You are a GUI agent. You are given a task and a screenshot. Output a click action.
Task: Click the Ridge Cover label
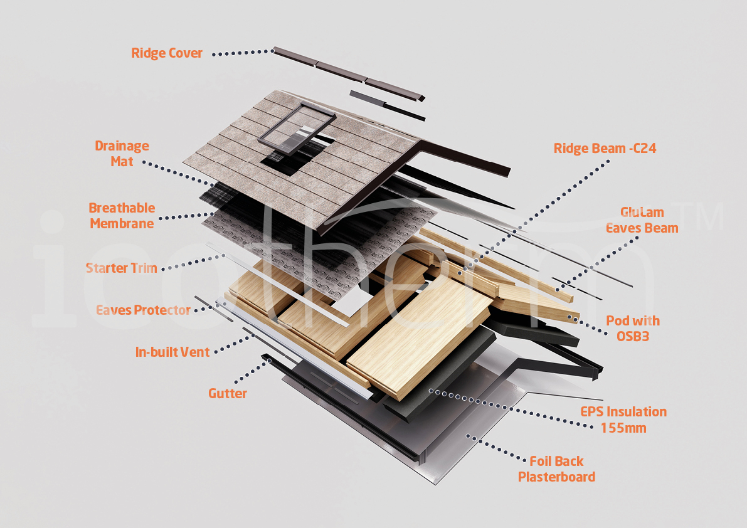[x=167, y=53]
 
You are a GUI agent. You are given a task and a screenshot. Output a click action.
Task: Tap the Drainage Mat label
[x=122, y=154]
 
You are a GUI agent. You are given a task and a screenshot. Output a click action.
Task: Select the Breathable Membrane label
[x=122, y=216]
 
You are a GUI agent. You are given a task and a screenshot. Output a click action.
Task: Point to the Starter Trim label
[x=121, y=268]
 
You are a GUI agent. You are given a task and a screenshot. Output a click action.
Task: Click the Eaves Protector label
[x=143, y=310]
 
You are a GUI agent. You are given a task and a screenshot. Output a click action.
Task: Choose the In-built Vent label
[x=172, y=352]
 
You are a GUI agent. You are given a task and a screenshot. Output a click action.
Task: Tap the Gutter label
[x=228, y=394]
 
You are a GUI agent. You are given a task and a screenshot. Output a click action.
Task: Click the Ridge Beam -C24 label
[x=605, y=149]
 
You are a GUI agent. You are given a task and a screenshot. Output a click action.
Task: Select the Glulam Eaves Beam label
[x=642, y=220]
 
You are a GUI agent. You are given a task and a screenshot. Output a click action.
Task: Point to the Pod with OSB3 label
[x=633, y=329]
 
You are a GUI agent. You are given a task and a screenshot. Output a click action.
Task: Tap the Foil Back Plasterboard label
[x=556, y=469]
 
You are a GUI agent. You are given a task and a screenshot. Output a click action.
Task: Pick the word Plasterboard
[x=556, y=477]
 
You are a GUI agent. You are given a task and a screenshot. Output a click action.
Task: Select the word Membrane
[x=122, y=224]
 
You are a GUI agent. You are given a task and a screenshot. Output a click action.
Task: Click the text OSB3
[x=633, y=337]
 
